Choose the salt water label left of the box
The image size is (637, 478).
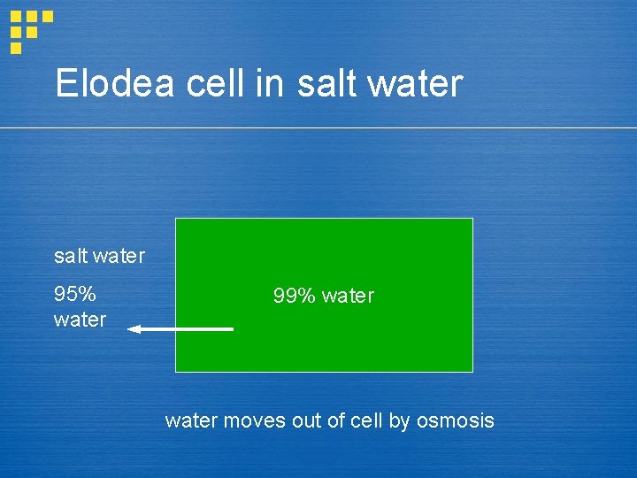tap(99, 257)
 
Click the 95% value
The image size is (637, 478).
tap(75, 294)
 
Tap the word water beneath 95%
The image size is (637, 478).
tap(80, 320)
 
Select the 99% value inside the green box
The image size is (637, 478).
tap(295, 296)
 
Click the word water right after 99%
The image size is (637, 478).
tap(348, 296)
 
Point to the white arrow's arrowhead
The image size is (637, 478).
tap(134, 329)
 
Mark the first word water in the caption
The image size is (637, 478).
tap(190, 420)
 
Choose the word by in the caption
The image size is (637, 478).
tap(399, 420)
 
